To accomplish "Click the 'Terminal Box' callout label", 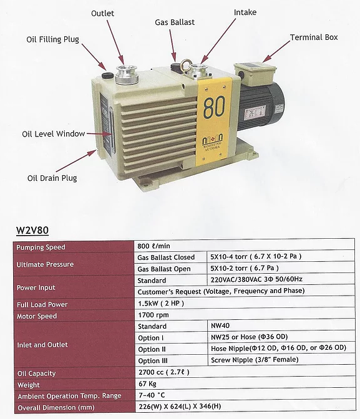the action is (x=314, y=37).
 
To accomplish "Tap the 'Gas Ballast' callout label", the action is (x=175, y=22).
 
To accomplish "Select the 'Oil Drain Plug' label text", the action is (x=52, y=178).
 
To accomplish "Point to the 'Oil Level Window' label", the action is (x=54, y=133).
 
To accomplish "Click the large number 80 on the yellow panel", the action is (x=214, y=107).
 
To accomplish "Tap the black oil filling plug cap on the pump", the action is (x=108, y=75).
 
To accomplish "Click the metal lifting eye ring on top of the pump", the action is (x=185, y=65).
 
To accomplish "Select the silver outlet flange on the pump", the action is (x=127, y=74).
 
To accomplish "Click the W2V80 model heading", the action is (x=32, y=230).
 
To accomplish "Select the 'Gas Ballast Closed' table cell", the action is (x=166, y=258).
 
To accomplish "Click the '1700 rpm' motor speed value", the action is (x=153, y=315).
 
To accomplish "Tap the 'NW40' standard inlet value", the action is (x=220, y=325).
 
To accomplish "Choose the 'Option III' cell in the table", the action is (x=153, y=361).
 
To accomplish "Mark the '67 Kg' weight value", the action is (x=147, y=383).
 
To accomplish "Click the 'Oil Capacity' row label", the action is (x=36, y=373).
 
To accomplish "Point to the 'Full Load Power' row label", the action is (x=42, y=305).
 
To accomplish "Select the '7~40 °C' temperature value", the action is (x=152, y=395).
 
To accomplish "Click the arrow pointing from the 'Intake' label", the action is (x=218, y=41).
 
